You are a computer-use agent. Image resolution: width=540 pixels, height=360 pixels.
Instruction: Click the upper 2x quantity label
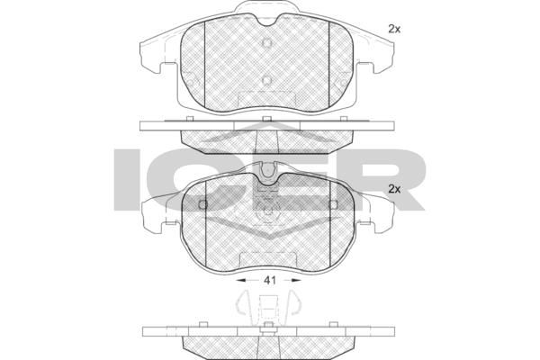394,30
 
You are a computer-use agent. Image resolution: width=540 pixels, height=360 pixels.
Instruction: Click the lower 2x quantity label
394,189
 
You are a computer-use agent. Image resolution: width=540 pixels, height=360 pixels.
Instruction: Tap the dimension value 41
270,281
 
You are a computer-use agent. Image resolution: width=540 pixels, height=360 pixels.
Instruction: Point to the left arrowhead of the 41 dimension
241,281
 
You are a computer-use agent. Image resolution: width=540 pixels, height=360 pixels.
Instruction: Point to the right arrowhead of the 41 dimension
296,281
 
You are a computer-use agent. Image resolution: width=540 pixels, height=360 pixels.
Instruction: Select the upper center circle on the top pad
267,42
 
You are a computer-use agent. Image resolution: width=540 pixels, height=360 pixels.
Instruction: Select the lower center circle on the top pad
267,81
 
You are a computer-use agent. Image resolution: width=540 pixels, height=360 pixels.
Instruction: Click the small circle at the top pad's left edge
190,83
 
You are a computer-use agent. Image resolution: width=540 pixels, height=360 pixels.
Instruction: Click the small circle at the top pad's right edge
344,83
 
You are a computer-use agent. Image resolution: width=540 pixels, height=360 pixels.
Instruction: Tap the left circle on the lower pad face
203,205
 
